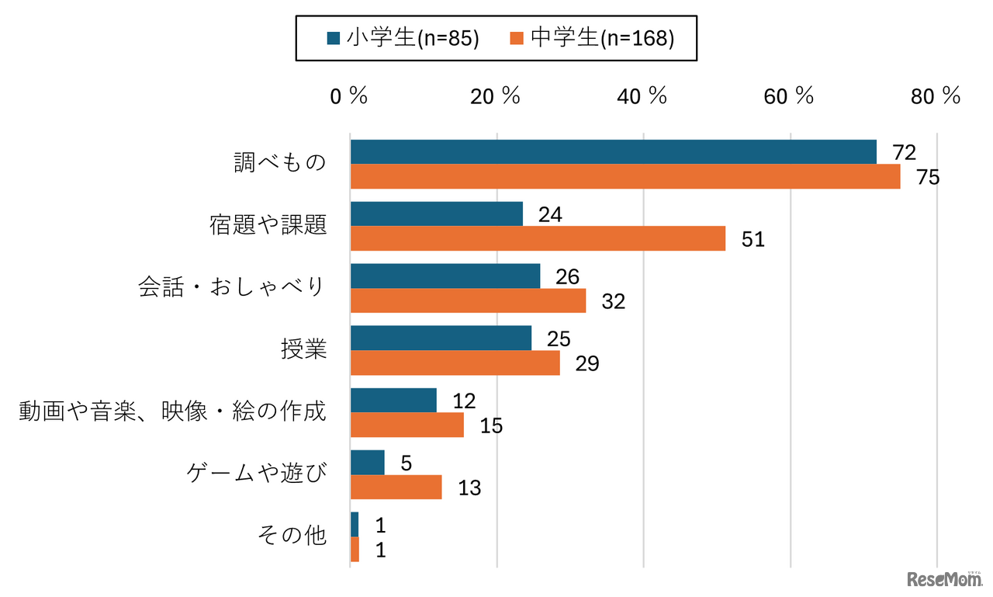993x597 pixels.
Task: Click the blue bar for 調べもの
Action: (x=613, y=152)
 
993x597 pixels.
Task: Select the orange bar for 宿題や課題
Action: (x=538, y=238)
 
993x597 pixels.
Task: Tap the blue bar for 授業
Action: (x=441, y=338)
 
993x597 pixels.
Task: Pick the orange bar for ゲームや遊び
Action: (x=396, y=487)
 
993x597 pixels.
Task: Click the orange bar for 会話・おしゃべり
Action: (x=468, y=300)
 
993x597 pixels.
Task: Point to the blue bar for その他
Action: (x=355, y=525)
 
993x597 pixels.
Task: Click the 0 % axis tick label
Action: (x=348, y=96)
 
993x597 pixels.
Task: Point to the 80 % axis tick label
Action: (x=935, y=96)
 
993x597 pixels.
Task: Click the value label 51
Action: (x=753, y=239)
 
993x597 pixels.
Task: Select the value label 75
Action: (x=927, y=177)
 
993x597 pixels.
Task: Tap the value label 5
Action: (x=407, y=463)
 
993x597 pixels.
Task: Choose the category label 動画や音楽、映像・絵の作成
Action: (x=172, y=411)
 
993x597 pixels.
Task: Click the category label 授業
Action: (x=303, y=349)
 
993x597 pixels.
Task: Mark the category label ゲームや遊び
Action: (x=257, y=474)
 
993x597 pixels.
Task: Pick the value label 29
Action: (x=587, y=363)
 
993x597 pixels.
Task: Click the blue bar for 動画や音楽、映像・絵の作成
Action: (x=393, y=400)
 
